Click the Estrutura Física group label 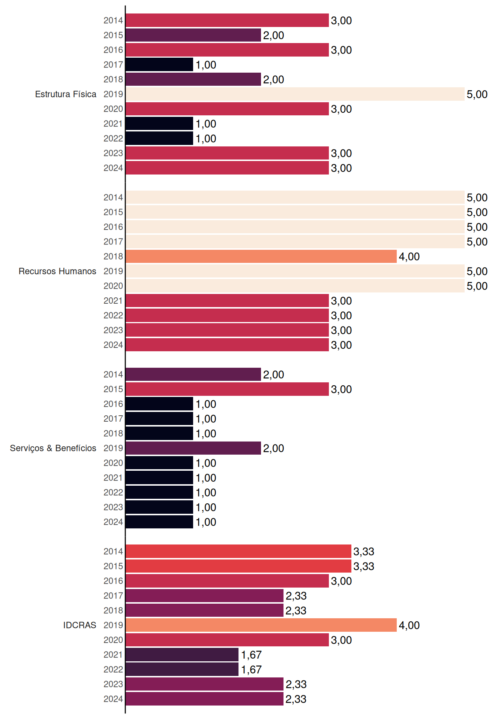[x=66, y=94]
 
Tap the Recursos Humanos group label [x=57, y=271]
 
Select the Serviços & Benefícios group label [x=53, y=448]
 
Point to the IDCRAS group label [x=79, y=625]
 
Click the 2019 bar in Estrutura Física [x=295, y=94]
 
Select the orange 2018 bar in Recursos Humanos [x=261, y=257]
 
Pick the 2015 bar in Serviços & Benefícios [x=227, y=389]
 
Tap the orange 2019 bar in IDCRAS [x=261, y=625]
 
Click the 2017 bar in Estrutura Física [x=159, y=64]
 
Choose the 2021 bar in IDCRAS [x=182, y=655]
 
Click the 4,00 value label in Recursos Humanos [x=409, y=257]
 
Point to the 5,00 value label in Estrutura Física [x=477, y=94]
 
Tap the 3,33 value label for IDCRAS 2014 [x=364, y=551]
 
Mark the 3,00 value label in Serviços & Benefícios [x=341, y=389]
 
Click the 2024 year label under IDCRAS [x=113, y=699]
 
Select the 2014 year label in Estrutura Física [x=113, y=20]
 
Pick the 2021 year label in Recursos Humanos [x=113, y=301]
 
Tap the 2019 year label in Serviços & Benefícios [x=113, y=448]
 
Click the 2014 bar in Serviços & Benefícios [x=193, y=374]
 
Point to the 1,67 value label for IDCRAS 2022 [x=251, y=670]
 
